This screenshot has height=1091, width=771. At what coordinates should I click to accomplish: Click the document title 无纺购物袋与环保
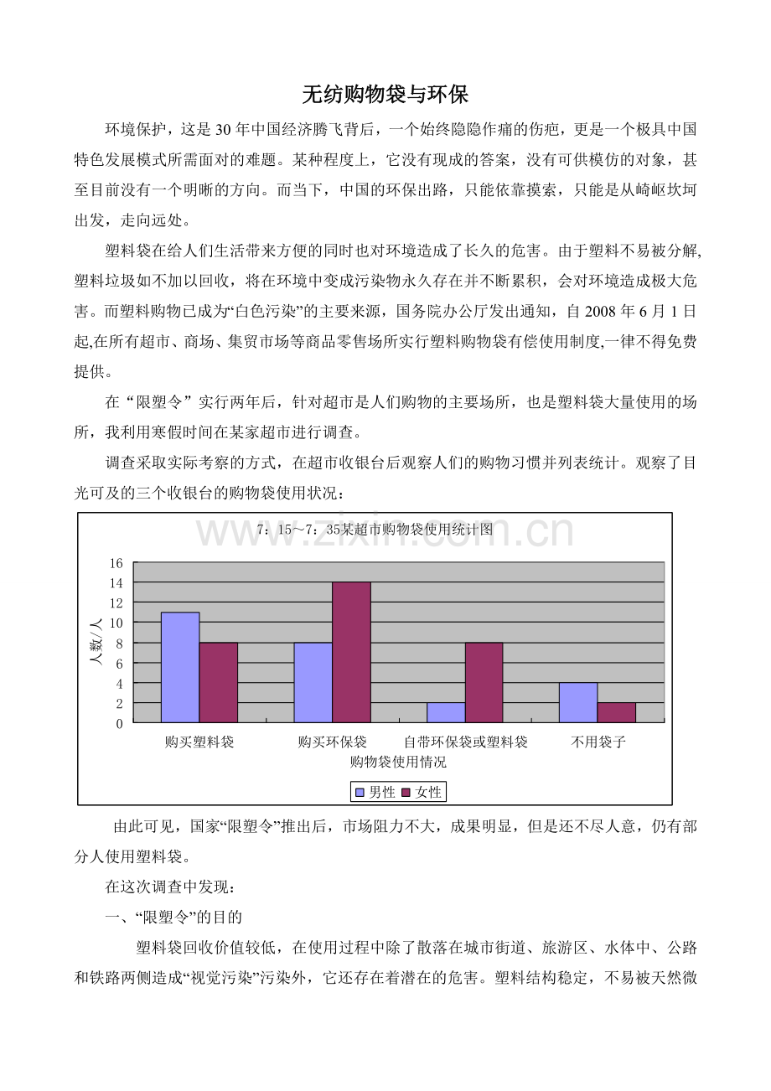tap(385, 95)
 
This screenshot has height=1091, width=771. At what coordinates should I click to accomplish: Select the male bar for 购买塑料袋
tap(180, 667)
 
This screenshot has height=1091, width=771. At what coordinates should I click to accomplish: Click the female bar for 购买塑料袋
tap(219, 682)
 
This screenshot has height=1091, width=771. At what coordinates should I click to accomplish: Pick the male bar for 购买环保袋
tap(313, 682)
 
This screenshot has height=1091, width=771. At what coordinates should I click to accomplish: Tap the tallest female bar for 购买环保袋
tap(352, 652)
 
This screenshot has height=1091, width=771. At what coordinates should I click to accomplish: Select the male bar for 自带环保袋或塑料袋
tap(446, 712)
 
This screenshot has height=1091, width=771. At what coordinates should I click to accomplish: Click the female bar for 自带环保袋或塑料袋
tap(484, 682)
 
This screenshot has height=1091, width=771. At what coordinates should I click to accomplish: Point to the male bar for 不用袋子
tap(578, 702)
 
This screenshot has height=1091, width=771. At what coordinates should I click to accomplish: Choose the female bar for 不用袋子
tap(617, 712)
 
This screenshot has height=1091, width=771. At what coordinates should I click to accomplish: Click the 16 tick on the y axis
tap(116, 562)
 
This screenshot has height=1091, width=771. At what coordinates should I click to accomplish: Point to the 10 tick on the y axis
tap(116, 623)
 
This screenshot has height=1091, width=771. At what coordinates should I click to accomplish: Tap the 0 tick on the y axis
tap(119, 722)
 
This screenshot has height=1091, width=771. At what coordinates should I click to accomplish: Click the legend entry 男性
tap(375, 792)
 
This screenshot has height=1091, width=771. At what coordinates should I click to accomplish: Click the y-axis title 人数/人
tap(96, 642)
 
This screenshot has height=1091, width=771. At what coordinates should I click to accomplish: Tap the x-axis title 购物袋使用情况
tap(398, 762)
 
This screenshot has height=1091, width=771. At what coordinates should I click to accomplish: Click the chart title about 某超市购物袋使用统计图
tap(375, 530)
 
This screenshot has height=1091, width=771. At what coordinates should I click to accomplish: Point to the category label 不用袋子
tap(598, 742)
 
